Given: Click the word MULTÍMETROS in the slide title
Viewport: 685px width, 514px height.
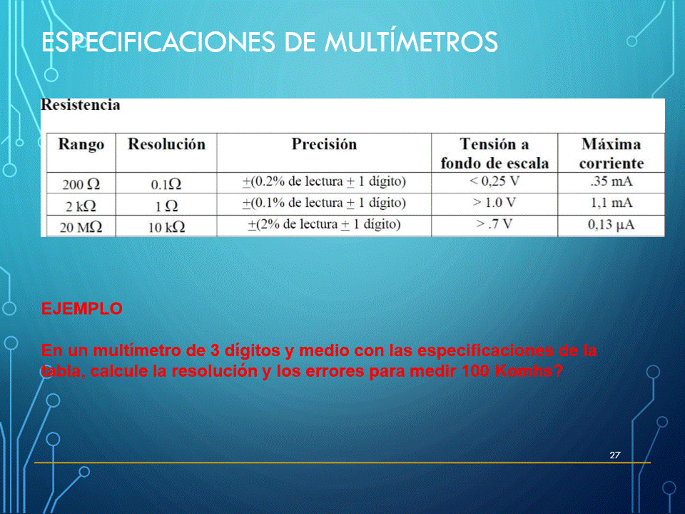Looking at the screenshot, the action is click(x=411, y=41).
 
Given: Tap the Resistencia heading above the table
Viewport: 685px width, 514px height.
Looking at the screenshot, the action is click(x=81, y=105).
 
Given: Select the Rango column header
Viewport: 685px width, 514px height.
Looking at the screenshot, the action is click(x=81, y=145).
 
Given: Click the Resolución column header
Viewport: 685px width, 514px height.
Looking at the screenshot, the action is click(x=166, y=144).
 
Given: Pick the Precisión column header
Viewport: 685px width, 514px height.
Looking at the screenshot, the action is click(x=324, y=144).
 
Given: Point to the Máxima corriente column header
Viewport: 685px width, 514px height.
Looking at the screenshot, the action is click(x=612, y=153).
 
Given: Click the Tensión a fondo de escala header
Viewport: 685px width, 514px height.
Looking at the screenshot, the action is click(x=494, y=153).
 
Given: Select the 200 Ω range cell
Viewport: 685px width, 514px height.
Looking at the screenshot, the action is click(x=81, y=184).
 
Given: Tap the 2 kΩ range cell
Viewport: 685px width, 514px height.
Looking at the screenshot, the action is click(x=81, y=206).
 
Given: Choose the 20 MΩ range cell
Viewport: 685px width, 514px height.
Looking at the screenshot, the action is click(x=81, y=227).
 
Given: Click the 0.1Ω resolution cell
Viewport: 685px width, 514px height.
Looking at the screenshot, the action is click(x=166, y=184).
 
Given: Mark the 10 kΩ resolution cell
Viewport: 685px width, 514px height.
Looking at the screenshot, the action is click(x=166, y=227).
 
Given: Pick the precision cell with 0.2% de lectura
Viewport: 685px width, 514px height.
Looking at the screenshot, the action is click(x=324, y=181).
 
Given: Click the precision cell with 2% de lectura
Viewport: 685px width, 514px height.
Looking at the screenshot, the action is click(x=324, y=224).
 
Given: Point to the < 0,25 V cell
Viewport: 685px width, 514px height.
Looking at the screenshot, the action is click(x=494, y=181).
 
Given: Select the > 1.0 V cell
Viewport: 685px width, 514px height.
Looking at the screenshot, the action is click(x=494, y=202).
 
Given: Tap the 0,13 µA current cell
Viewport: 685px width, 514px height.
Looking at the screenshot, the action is click(x=612, y=225).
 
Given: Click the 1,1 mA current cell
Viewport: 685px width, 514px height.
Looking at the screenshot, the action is click(x=612, y=202).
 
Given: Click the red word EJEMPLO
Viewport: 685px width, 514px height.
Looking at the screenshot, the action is click(x=81, y=308).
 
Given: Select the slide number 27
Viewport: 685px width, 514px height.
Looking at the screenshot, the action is click(x=614, y=455).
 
